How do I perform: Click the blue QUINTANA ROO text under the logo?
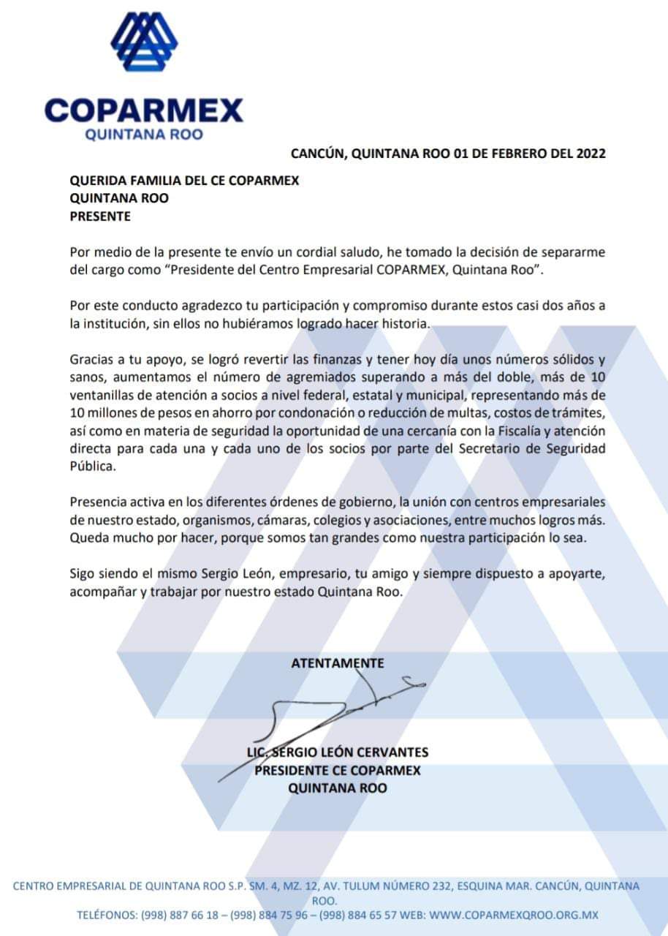coord(144,135)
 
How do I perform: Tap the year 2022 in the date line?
coord(591,154)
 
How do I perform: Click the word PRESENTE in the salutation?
coord(100,216)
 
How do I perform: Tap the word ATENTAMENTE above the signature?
coord(338,663)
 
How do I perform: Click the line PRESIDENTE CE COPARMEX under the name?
coord(338,770)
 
